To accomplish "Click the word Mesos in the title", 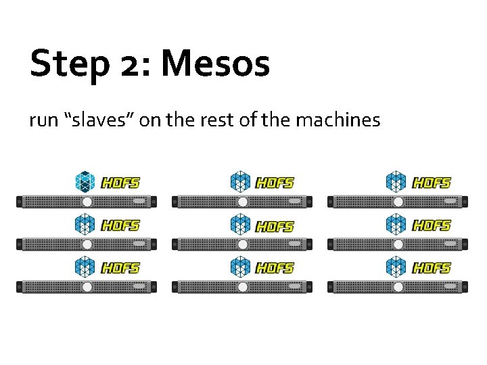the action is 215,64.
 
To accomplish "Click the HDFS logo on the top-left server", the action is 120,182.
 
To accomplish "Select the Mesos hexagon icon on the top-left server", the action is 85,182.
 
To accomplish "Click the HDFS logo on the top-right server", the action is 432,182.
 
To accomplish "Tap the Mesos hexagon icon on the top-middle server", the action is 240,182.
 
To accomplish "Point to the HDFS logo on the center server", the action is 275,226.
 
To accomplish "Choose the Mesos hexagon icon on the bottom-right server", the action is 396,268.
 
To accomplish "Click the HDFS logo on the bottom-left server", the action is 120,268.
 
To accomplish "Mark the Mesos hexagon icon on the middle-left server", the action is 85,224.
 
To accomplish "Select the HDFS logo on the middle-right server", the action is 432,225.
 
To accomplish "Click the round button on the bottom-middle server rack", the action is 242,287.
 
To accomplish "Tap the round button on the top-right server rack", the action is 398,202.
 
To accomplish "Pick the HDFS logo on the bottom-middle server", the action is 275,268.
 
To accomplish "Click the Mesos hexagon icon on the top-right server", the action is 396,182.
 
